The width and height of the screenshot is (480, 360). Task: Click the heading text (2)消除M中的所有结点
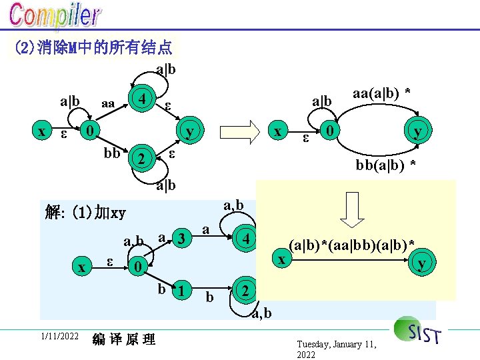93,47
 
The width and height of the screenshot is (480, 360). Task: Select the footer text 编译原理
125,339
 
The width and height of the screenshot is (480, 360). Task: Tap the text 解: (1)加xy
83,213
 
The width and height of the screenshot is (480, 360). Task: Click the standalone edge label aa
107,105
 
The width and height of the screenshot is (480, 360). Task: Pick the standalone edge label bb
111,153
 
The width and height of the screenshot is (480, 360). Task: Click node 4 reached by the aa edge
142,97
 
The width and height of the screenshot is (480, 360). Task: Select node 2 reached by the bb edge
141,159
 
